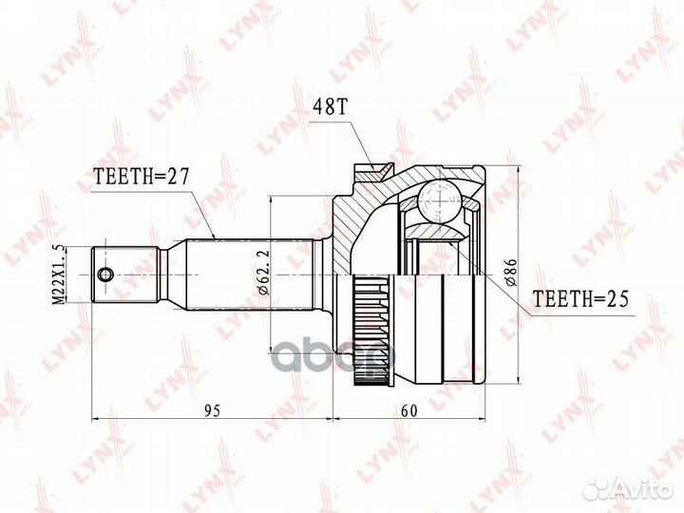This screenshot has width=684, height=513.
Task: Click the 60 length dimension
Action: [408, 410]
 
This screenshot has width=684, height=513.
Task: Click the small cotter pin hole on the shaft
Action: [104, 275]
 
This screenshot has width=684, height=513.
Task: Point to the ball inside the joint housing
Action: [439, 201]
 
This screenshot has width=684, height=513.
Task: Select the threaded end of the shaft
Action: [123, 274]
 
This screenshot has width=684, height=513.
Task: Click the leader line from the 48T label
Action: [361, 142]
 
